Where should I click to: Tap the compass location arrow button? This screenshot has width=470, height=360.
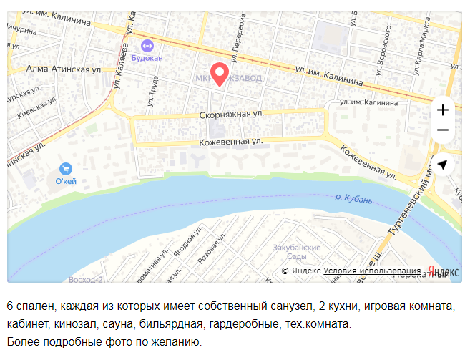[x=443, y=165]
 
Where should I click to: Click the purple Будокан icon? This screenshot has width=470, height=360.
[x=147, y=45]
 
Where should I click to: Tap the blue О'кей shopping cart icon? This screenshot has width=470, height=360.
[x=66, y=169]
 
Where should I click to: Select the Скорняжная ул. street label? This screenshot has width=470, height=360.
[x=232, y=114]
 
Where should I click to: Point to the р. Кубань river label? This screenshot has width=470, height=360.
[x=353, y=198]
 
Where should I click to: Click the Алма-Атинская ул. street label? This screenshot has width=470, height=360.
[x=64, y=69]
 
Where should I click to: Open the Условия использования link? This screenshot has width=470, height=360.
[x=372, y=271]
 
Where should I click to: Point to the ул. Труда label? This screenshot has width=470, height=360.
[x=152, y=91]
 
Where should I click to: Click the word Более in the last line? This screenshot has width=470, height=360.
[x=22, y=341]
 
